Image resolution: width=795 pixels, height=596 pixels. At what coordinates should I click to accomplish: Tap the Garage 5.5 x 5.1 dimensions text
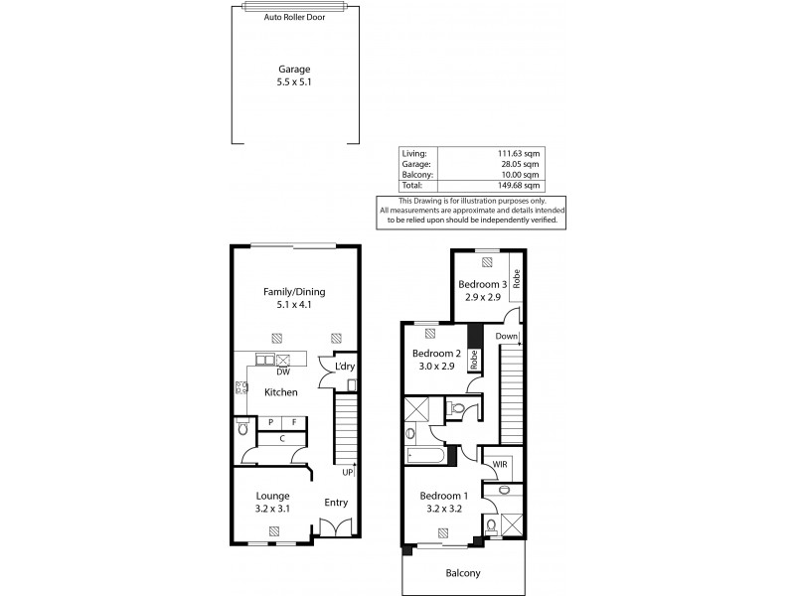(x=293, y=82)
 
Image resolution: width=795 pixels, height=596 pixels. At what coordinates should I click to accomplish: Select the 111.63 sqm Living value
(x=520, y=154)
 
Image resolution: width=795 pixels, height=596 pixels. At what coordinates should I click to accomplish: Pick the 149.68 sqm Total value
(x=520, y=185)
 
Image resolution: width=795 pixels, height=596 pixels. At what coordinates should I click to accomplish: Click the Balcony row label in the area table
(x=416, y=175)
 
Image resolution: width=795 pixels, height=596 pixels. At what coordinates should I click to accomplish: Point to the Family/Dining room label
(x=294, y=291)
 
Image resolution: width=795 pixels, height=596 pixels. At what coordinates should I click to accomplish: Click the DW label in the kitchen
(x=283, y=372)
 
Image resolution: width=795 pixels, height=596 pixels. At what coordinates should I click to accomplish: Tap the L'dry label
(x=345, y=368)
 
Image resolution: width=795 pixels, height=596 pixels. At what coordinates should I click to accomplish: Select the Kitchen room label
(x=281, y=393)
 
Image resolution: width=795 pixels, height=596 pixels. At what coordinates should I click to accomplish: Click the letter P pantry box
(x=270, y=423)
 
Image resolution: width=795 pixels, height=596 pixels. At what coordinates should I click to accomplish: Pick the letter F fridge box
(x=295, y=423)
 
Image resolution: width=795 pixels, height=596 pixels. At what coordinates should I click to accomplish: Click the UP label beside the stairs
(x=348, y=472)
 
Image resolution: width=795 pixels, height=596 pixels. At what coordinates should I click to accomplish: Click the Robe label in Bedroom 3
(x=517, y=270)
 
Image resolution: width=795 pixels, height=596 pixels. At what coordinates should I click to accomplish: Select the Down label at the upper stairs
(x=507, y=336)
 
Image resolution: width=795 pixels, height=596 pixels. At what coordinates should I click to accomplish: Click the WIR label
(x=500, y=464)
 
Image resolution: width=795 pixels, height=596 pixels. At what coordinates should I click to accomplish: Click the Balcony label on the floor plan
(x=462, y=572)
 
